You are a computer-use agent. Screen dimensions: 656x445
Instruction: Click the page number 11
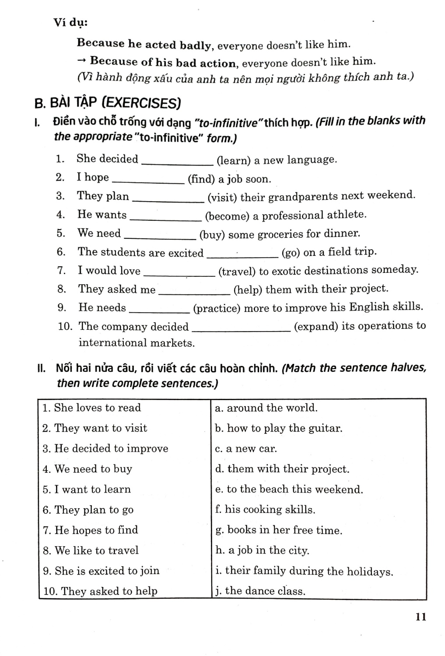click(421, 617)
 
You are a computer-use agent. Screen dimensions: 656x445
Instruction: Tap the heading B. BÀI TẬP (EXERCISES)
click(107, 103)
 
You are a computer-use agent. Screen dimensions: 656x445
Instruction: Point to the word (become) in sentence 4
click(225, 216)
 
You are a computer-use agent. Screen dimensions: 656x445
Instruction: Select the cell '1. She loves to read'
click(91, 408)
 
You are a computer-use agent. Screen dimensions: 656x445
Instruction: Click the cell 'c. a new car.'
click(246, 449)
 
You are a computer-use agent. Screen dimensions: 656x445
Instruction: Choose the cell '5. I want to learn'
click(87, 489)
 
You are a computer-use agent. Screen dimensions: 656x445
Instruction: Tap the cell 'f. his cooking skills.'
click(265, 510)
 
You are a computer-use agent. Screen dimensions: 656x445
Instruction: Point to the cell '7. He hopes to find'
click(90, 530)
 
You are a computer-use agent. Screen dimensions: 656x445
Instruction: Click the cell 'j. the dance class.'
click(260, 591)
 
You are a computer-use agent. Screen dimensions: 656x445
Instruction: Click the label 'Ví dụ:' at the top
click(70, 22)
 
